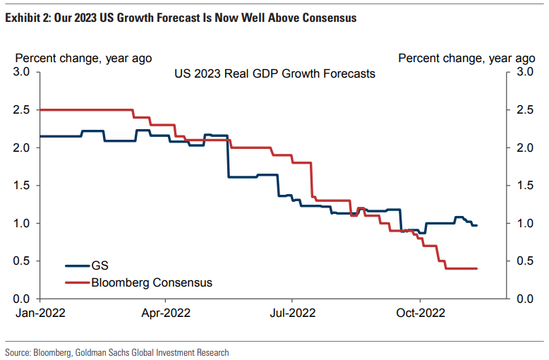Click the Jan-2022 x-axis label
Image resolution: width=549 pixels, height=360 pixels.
pyautogui.click(x=40, y=313)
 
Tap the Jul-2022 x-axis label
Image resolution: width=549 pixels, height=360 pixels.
pyautogui.click(x=291, y=313)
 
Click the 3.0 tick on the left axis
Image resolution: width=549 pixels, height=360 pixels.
pyautogui.click(x=22, y=72)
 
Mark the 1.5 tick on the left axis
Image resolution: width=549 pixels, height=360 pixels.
pyautogui.click(x=22, y=186)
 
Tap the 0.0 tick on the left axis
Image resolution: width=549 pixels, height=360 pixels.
pyautogui.click(x=22, y=299)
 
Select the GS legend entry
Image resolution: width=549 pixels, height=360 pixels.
pyautogui.click(x=99, y=266)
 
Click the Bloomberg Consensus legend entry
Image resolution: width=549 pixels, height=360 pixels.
pyautogui.click(x=151, y=283)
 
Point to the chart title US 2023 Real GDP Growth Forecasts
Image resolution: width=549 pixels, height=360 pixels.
pyautogui.click(x=274, y=73)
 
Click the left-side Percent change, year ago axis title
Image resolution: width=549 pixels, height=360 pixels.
pyautogui.click(x=83, y=58)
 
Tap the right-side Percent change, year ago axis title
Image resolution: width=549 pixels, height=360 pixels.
pyautogui.click(x=466, y=58)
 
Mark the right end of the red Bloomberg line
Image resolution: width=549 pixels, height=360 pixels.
pyautogui.click(x=477, y=268)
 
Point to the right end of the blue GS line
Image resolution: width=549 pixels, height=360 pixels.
pyautogui.click(x=477, y=225)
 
